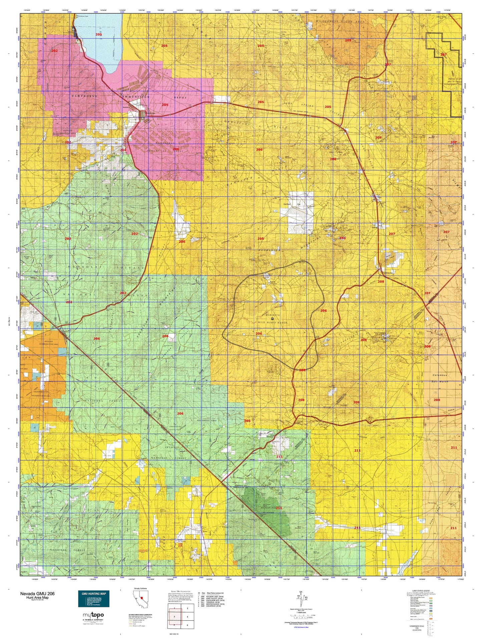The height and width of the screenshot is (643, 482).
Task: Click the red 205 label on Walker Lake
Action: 99,34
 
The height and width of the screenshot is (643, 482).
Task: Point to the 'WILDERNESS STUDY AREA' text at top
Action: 341,21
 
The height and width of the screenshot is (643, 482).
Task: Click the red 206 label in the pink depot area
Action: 175,149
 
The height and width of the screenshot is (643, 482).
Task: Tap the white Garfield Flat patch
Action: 300,212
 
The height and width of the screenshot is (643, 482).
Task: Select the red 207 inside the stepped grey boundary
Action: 443,54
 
